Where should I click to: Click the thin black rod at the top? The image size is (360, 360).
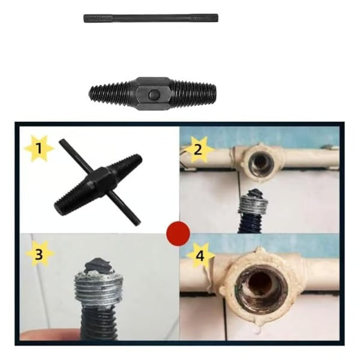tap(151, 18)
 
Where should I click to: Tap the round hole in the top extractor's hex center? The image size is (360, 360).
tap(154, 94)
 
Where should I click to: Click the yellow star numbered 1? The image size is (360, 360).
tap(38, 148)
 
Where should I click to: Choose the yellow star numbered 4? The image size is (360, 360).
tap(199, 257)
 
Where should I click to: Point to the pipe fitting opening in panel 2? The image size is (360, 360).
tap(260, 162)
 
